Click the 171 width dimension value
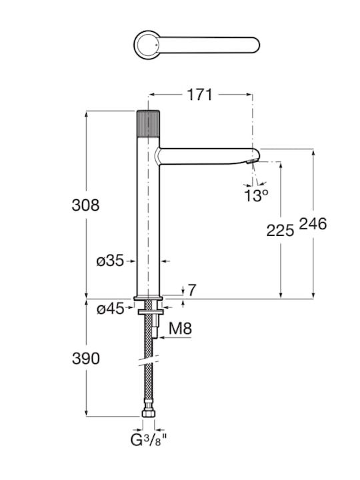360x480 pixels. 199,95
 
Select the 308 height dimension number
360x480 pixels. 85,205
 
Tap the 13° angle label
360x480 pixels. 257,195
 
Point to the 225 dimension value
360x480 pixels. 280,230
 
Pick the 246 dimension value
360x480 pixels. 313,224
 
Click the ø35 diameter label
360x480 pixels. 110,261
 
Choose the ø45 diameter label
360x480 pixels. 111,309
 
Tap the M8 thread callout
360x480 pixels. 180,329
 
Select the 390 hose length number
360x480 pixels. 86,358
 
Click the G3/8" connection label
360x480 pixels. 149,440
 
